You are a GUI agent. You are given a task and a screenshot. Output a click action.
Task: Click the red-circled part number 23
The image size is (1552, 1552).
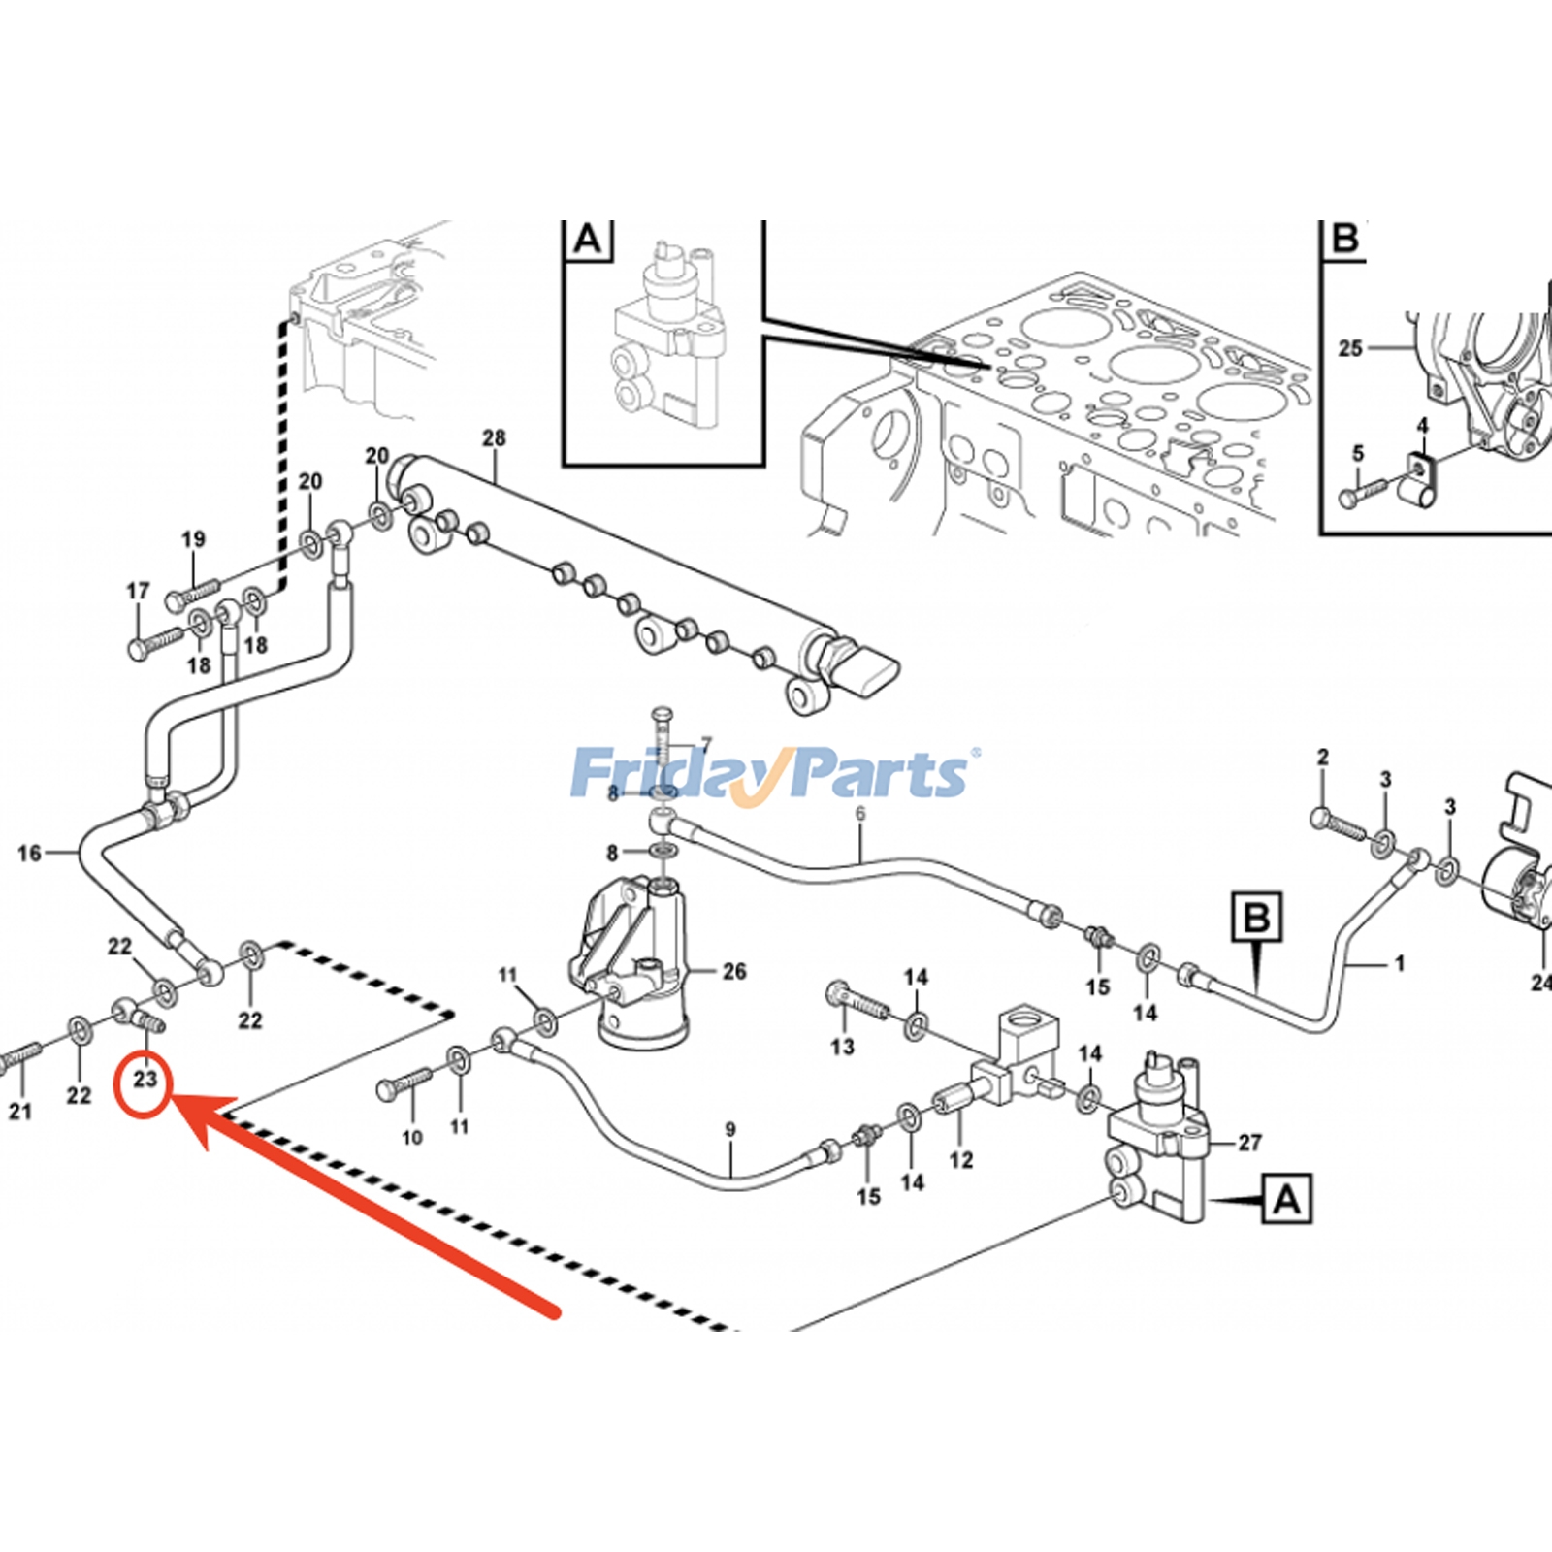145,1079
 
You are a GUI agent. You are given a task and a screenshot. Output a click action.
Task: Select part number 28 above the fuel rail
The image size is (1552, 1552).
494,437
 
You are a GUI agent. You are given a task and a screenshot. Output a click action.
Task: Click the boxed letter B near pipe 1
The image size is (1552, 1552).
1257,917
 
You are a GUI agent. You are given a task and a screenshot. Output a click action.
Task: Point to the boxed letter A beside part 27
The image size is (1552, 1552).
1287,1200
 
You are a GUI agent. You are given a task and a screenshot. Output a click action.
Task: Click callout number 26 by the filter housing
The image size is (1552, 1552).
734,971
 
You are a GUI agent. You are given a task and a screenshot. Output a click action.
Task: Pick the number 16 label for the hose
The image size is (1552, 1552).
29,853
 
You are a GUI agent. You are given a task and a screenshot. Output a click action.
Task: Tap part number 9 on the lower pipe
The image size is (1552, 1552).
730,1129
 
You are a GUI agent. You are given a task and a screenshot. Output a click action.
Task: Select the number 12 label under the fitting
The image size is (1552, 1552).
960,1159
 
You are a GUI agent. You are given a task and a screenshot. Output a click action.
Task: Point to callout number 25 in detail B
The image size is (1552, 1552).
1350,347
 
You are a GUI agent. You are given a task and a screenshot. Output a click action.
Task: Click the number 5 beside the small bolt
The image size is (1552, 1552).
1358,453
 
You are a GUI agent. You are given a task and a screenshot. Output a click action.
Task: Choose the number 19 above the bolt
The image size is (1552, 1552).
193,538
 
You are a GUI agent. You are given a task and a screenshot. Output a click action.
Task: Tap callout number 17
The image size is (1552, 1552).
138,590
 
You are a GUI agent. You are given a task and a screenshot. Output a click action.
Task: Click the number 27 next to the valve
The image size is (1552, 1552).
1249,1143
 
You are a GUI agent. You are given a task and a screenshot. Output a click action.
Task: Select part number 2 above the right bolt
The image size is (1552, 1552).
1322,757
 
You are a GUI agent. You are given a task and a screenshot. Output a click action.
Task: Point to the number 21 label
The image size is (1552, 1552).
20,1112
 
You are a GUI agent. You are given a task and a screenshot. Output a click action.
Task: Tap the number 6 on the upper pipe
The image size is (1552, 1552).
860,813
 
